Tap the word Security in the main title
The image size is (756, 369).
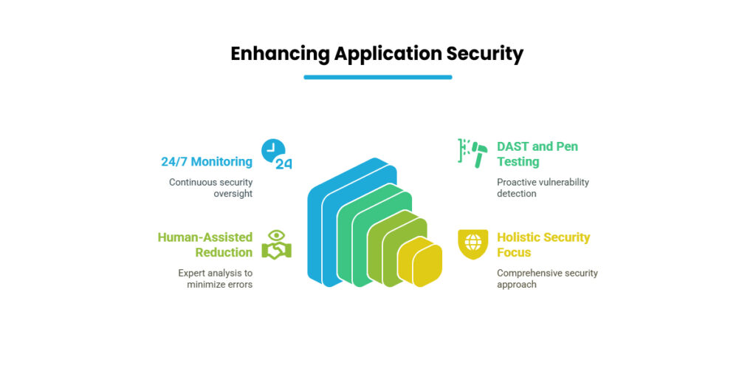(x=484, y=54)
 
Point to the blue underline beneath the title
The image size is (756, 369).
(x=377, y=77)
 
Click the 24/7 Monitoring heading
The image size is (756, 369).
(x=207, y=162)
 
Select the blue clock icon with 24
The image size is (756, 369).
(x=277, y=154)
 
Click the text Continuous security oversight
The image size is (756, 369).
(x=210, y=188)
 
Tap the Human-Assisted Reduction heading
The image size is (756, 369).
(x=205, y=245)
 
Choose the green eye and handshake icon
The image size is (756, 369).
(x=277, y=245)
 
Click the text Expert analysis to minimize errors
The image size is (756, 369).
(x=215, y=279)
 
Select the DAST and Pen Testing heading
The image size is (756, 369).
(x=537, y=154)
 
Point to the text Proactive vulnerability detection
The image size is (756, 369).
(x=543, y=188)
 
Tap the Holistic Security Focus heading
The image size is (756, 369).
(x=543, y=245)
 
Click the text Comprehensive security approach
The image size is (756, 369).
(x=547, y=279)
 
